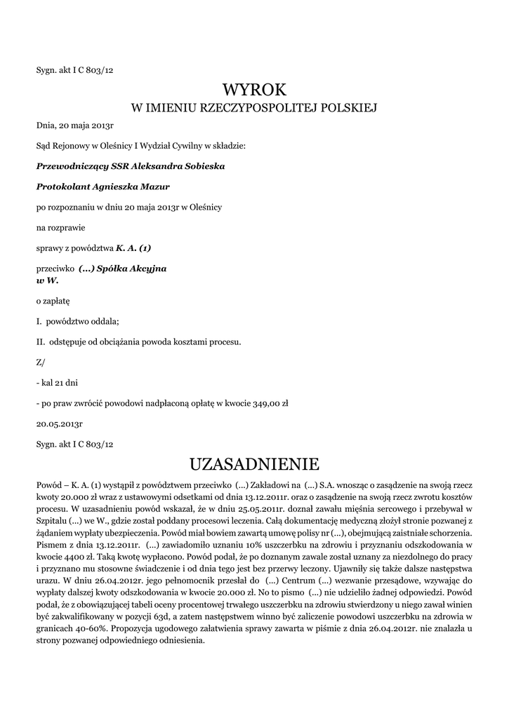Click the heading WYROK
[254, 90]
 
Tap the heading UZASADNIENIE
[254, 464]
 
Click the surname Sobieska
[201, 166]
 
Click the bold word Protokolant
[61, 187]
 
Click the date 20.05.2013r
[60, 424]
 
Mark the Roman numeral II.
[40, 342]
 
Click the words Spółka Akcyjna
[131, 269]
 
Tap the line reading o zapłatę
[53, 301]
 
